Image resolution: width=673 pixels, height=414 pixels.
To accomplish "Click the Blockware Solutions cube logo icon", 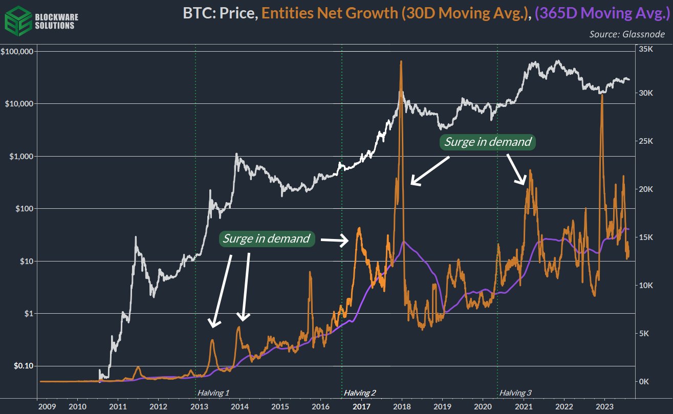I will point(16,18).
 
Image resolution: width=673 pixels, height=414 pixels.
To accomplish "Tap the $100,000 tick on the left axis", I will point(17,52).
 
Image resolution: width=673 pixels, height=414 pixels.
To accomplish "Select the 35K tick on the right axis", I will point(646,49).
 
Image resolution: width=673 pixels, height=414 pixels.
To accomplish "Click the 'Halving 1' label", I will point(213,393).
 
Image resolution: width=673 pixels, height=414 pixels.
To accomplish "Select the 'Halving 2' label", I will point(360,393).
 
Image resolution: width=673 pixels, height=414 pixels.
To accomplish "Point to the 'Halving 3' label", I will point(515,393).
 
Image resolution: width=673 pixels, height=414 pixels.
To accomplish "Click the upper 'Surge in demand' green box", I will point(488,142).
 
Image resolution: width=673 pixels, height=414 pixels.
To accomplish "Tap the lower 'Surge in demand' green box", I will point(266,238).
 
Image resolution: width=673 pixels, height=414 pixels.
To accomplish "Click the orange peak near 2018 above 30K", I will point(401,62).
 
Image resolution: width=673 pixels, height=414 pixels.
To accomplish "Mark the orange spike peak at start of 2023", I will point(602,96).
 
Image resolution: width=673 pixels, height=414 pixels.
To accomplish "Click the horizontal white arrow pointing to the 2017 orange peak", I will point(333,239).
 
